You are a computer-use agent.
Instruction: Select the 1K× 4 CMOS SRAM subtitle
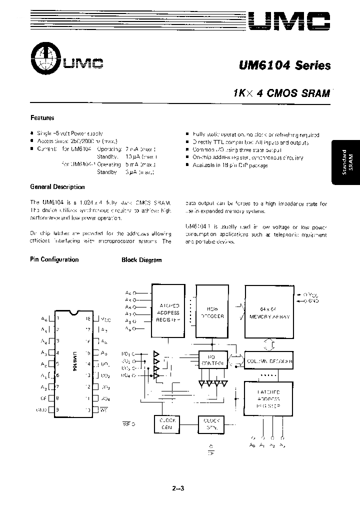click(281, 93)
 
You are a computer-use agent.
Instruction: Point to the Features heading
click(42, 118)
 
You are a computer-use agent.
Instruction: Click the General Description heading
click(57, 187)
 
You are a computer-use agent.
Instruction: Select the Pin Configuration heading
click(54, 259)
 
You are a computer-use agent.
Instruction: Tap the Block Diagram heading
click(141, 260)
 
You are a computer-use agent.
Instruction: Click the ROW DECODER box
click(212, 313)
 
